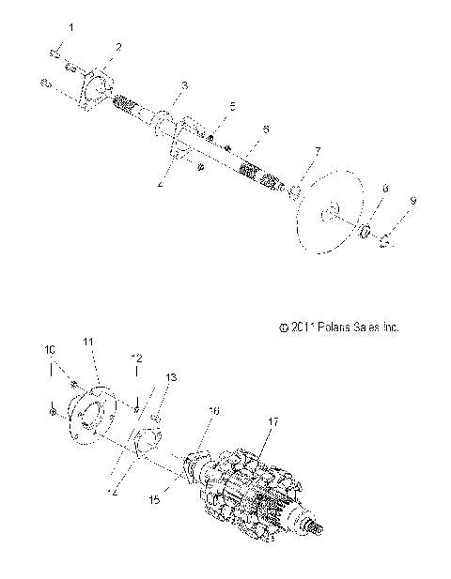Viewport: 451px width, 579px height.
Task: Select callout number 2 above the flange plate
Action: (118, 46)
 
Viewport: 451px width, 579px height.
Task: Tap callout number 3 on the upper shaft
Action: (185, 85)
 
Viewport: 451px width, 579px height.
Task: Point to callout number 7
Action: (318, 149)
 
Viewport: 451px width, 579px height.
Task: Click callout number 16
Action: (213, 410)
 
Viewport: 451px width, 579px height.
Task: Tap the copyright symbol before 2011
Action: (283, 328)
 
